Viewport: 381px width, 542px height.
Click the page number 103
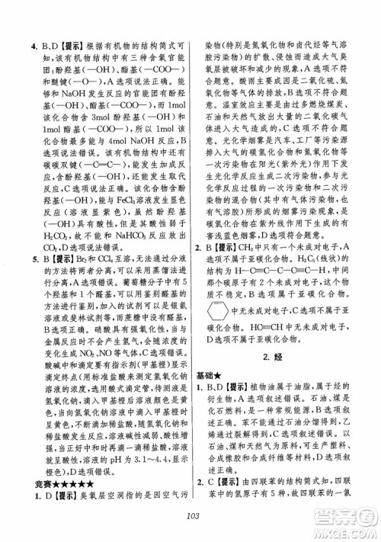click(x=190, y=518)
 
